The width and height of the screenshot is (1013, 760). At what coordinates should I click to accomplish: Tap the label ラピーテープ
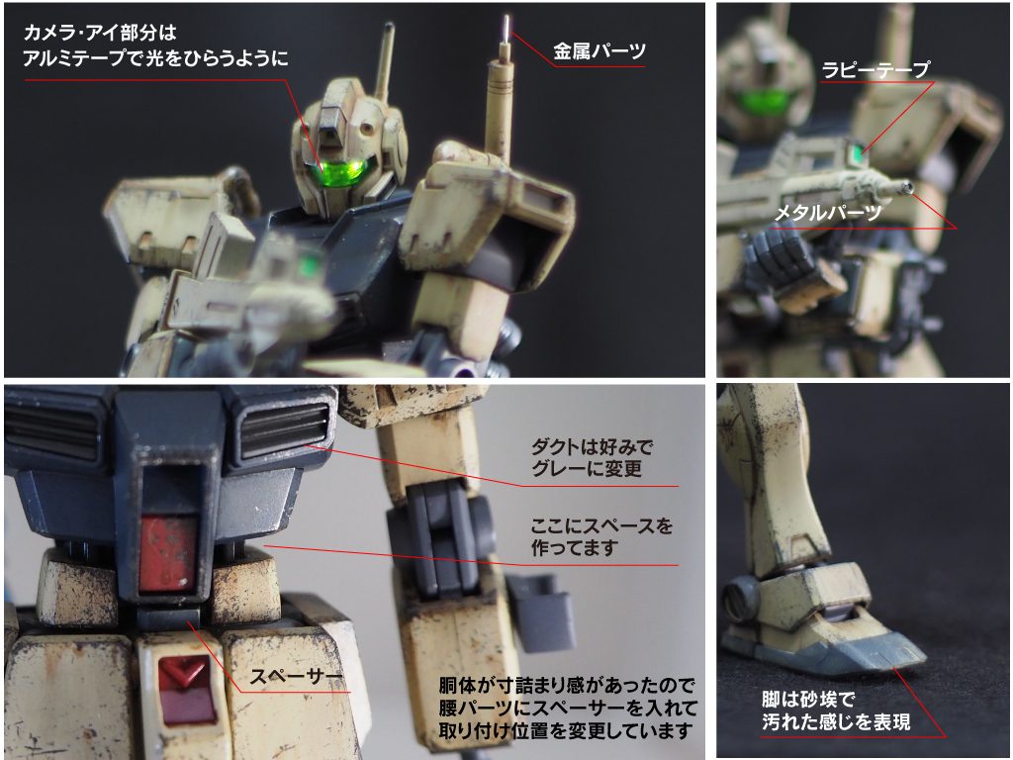click(875, 69)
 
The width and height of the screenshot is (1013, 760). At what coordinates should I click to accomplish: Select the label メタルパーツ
click(828, 212)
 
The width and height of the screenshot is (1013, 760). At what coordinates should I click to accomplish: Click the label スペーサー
click(296, 678)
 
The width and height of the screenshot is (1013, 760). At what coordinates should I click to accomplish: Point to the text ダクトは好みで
click(592, 446)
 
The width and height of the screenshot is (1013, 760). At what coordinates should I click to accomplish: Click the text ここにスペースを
click(600, 524)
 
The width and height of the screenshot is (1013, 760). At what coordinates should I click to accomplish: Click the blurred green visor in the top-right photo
click(763, 103)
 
